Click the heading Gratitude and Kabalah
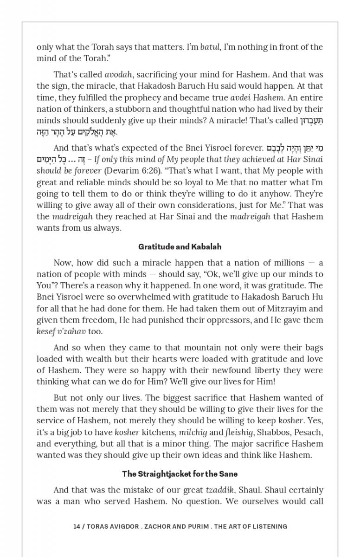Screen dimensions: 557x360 click(x=180, y=247)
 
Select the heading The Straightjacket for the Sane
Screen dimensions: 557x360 click(x=180, y=474)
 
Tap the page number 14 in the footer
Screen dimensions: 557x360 click(x=77, y=526)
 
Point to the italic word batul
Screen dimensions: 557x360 click(x=210, y=47)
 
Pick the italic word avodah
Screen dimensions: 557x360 click(x=119, y=75)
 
